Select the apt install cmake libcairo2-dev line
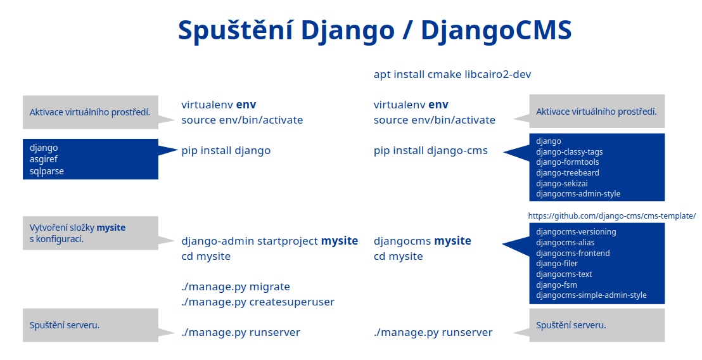[452, 74]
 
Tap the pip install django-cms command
[431, 150]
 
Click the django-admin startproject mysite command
[269, 241]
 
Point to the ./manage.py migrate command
[236, 286]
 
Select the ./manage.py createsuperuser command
[258, 302]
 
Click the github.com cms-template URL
[612, 216]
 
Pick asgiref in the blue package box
[44, 160]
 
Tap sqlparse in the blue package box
[46, 171]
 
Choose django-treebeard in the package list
[567, 173]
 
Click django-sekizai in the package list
[561, 184]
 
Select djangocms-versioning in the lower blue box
[576, 232]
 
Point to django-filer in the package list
[556, 264]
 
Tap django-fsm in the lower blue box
[556, 285]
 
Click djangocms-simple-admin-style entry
[591, 295]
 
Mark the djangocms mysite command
[422, 241]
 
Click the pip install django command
[226, 150]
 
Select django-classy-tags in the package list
[569, 151]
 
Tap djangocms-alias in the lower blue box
[565, 243]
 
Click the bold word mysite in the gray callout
[111, 228]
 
